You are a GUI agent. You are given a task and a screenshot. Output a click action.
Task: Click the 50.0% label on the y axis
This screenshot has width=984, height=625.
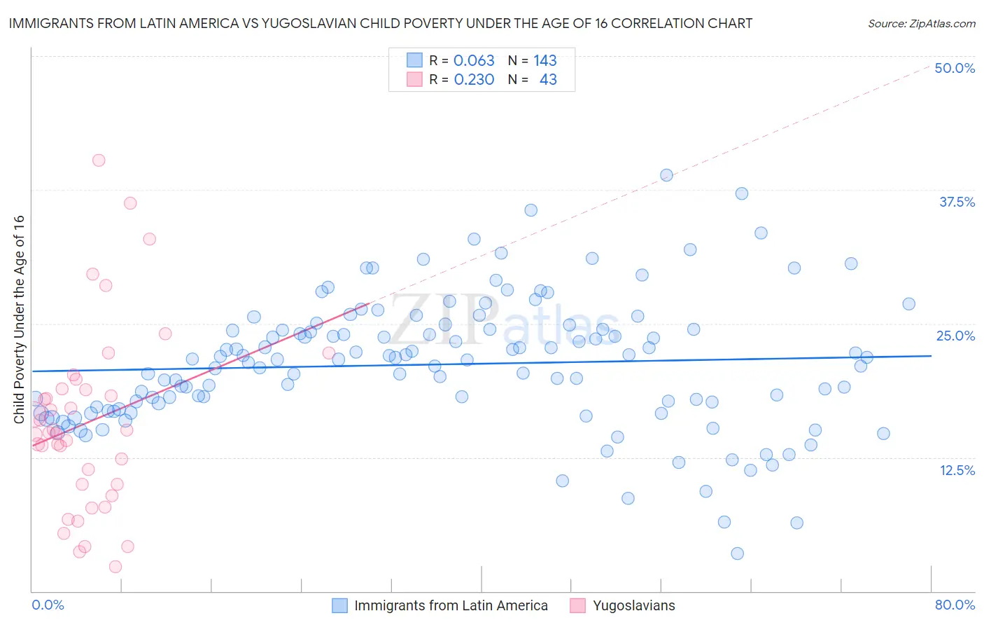point(955,68)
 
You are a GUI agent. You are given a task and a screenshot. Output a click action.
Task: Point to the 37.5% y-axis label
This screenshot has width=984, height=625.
point(957,202)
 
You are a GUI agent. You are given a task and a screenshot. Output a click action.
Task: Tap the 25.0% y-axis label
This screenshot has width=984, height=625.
point(955,336)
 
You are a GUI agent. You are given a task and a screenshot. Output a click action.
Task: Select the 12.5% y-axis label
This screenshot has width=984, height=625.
point(957,470)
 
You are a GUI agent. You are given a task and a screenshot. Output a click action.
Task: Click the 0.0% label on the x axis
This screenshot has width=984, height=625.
point(48,605)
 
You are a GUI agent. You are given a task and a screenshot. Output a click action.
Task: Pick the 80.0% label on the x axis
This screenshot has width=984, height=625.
point(955,605)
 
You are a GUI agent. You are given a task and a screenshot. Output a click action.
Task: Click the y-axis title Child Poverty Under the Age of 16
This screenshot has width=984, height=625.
point(19,320)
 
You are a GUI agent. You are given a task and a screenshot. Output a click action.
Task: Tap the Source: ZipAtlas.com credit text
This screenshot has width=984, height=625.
point(921,24)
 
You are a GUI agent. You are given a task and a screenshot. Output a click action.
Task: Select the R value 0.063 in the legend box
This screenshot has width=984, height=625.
point(474,61)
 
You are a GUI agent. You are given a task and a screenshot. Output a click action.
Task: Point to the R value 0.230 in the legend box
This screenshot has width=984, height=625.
point(474,80)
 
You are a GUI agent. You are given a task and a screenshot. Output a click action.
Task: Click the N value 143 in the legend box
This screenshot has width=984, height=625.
point(544,61)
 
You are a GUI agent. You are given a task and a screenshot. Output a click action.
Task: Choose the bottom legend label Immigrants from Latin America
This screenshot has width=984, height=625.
point(451,605)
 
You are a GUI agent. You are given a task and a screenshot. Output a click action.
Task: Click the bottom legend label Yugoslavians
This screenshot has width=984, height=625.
point(633,605)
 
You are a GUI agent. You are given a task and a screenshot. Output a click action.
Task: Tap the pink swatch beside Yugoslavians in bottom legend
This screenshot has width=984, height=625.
point(577,605)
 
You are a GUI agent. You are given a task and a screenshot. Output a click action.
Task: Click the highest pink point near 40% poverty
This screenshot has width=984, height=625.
point(99,160)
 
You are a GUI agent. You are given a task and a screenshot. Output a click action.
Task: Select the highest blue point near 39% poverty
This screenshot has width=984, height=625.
point(666,175)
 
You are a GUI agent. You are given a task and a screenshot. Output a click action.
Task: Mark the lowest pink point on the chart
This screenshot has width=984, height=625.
point(115,566)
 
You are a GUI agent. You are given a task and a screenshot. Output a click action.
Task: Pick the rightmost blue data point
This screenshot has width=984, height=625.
point(908,303)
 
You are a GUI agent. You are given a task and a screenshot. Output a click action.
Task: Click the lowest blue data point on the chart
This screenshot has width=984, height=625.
point(737,554)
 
